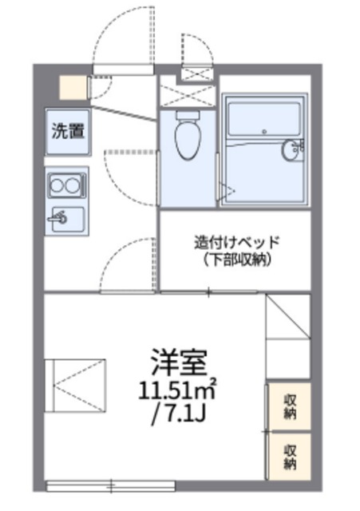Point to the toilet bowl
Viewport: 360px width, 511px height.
coord(187,140)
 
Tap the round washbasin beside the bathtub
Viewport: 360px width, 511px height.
coord(292,150)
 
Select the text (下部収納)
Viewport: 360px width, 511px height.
coord(237,260)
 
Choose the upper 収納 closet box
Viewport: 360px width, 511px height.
coord(288,405)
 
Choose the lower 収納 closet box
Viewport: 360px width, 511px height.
coord(288,456)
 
